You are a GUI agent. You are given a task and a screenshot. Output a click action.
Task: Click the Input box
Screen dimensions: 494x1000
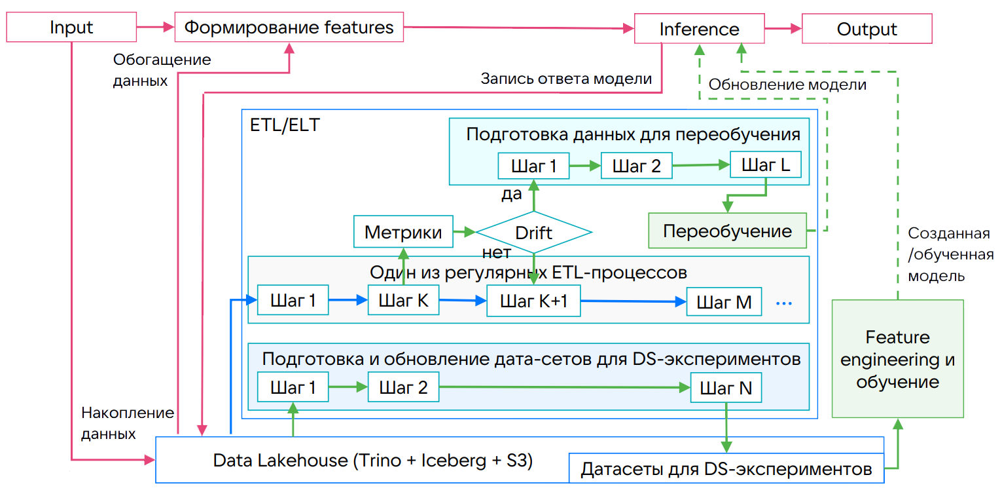point(71,28)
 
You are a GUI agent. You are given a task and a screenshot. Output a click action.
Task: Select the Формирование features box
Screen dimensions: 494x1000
point(289,28)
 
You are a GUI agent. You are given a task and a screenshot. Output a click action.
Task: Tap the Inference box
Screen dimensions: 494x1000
point(699,29)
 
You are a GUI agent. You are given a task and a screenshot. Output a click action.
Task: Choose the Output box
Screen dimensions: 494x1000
point(866,29)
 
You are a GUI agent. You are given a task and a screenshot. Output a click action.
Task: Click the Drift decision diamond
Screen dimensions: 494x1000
point(533,233)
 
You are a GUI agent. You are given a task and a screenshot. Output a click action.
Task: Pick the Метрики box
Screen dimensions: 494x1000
point(403,232)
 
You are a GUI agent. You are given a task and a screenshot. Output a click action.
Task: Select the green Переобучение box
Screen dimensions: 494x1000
point(727,231)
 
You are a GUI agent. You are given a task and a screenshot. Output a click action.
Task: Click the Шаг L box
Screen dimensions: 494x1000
point(765,166)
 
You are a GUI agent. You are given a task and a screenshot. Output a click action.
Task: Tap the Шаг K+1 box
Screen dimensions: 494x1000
point(533,301)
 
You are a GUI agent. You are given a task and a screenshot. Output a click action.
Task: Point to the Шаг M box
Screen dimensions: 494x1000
point(724,302)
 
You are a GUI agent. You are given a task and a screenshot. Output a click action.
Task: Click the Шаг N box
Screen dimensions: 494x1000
point(726,388)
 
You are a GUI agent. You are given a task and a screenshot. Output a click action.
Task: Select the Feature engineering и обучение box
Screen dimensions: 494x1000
point(897,359)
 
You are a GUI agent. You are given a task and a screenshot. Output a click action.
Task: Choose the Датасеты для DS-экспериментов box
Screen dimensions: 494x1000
point(726,469)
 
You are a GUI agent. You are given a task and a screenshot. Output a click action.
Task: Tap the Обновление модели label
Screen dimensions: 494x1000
point(788,85)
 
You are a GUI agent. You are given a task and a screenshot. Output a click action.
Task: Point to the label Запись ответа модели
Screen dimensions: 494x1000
point(566,79)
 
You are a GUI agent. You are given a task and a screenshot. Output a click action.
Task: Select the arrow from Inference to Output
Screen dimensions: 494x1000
point(783,29)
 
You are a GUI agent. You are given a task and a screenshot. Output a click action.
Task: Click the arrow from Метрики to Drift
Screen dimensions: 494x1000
point(464,232)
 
